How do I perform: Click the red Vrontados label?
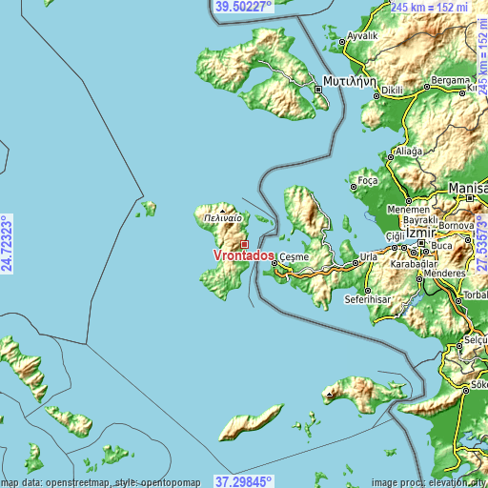click(245, 256)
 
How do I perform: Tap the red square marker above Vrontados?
click(244, 244)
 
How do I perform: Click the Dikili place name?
click(395, 91)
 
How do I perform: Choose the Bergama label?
click(449, 80)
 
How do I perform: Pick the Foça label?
click(367, 179)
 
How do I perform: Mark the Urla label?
click(366, 257)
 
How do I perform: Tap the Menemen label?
click(408, 210)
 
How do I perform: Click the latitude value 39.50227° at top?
click(244, 7)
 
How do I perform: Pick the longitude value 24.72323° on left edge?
click(8, 244)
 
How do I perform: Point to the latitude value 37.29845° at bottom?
click(244, 481)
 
